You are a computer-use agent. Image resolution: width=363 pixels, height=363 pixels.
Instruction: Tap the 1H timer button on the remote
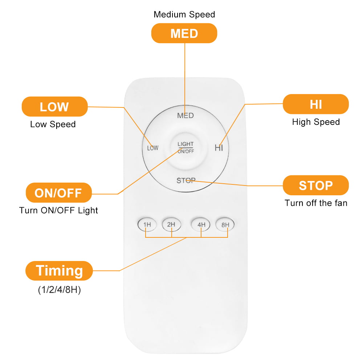(x=147, y=224)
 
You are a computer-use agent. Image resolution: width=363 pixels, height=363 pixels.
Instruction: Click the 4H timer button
(x=200, y=224)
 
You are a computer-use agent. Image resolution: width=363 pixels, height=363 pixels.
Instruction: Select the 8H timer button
(x=225, y=224)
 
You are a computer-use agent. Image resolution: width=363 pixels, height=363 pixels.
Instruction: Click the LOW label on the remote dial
(x=153, y=148)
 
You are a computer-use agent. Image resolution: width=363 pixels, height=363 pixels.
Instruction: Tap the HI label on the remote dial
(x=219, y=148)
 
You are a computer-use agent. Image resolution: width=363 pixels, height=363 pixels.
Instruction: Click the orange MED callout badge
(x=184, y=33)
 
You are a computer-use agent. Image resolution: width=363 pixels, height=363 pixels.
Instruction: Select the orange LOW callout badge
(x=55, y=106)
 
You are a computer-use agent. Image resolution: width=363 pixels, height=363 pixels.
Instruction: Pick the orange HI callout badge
(x=316, y=104)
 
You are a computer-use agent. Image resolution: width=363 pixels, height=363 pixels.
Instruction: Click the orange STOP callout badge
(x=316, y=185)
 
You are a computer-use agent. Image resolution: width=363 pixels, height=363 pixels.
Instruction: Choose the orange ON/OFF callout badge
(x=59, y=193)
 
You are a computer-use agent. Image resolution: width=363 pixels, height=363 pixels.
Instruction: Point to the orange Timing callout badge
(x=59, y=271)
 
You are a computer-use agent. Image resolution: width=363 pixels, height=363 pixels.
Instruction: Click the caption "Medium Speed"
(x=184, y=15)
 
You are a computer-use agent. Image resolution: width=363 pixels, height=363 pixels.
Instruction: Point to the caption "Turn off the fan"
(x=316, y=203)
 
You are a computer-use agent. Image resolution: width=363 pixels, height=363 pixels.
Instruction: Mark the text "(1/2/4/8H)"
(x=59, y=290)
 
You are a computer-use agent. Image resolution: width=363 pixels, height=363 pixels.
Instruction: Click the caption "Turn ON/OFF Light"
(x=58, y=210)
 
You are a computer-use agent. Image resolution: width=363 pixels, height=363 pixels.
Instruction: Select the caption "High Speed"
(x=316, y=122)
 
